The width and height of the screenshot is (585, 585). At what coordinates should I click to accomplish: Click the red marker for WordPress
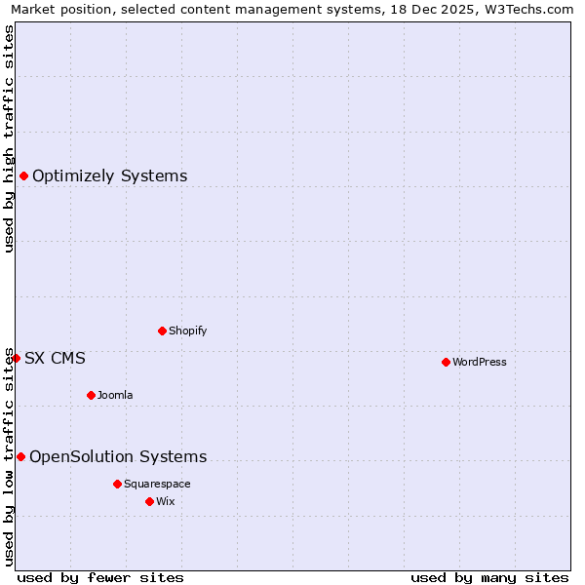tap(446, 362)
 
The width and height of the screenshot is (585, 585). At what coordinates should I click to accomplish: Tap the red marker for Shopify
tap(162, 331)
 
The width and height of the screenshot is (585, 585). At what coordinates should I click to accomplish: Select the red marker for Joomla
tap(91, 395)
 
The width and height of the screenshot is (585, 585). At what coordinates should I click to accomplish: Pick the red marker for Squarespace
tap(117, 484)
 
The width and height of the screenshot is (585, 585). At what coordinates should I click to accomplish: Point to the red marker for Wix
tap(149, 501)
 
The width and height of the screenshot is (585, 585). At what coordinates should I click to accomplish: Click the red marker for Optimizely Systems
tap(23, 175)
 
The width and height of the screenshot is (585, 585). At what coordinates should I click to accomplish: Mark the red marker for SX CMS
tap(16, 358)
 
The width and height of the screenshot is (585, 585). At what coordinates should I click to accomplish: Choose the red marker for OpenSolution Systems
tap(20, 456)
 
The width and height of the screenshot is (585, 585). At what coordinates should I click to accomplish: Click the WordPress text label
tap(479, 362)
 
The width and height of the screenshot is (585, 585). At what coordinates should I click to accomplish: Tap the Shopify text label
tap(187, 331)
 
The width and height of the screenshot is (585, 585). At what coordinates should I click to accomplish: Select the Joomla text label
tap(115, 395)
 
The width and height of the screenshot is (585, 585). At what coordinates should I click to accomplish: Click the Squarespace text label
tap(157, 484)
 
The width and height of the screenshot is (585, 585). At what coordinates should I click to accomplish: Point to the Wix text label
tap(165, 501)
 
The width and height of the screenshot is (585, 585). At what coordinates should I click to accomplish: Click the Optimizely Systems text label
tap(109, 175)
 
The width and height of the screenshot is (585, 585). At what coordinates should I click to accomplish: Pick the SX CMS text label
tap(55, 358)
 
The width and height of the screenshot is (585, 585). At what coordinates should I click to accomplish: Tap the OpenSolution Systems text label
tap(118, 456)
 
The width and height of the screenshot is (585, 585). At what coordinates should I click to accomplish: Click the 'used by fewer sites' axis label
tap(100, 577)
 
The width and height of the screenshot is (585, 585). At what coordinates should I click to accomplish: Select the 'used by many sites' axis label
tap(489, 577)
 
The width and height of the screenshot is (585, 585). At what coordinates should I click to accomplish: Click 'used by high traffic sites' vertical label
tap(9, 138)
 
